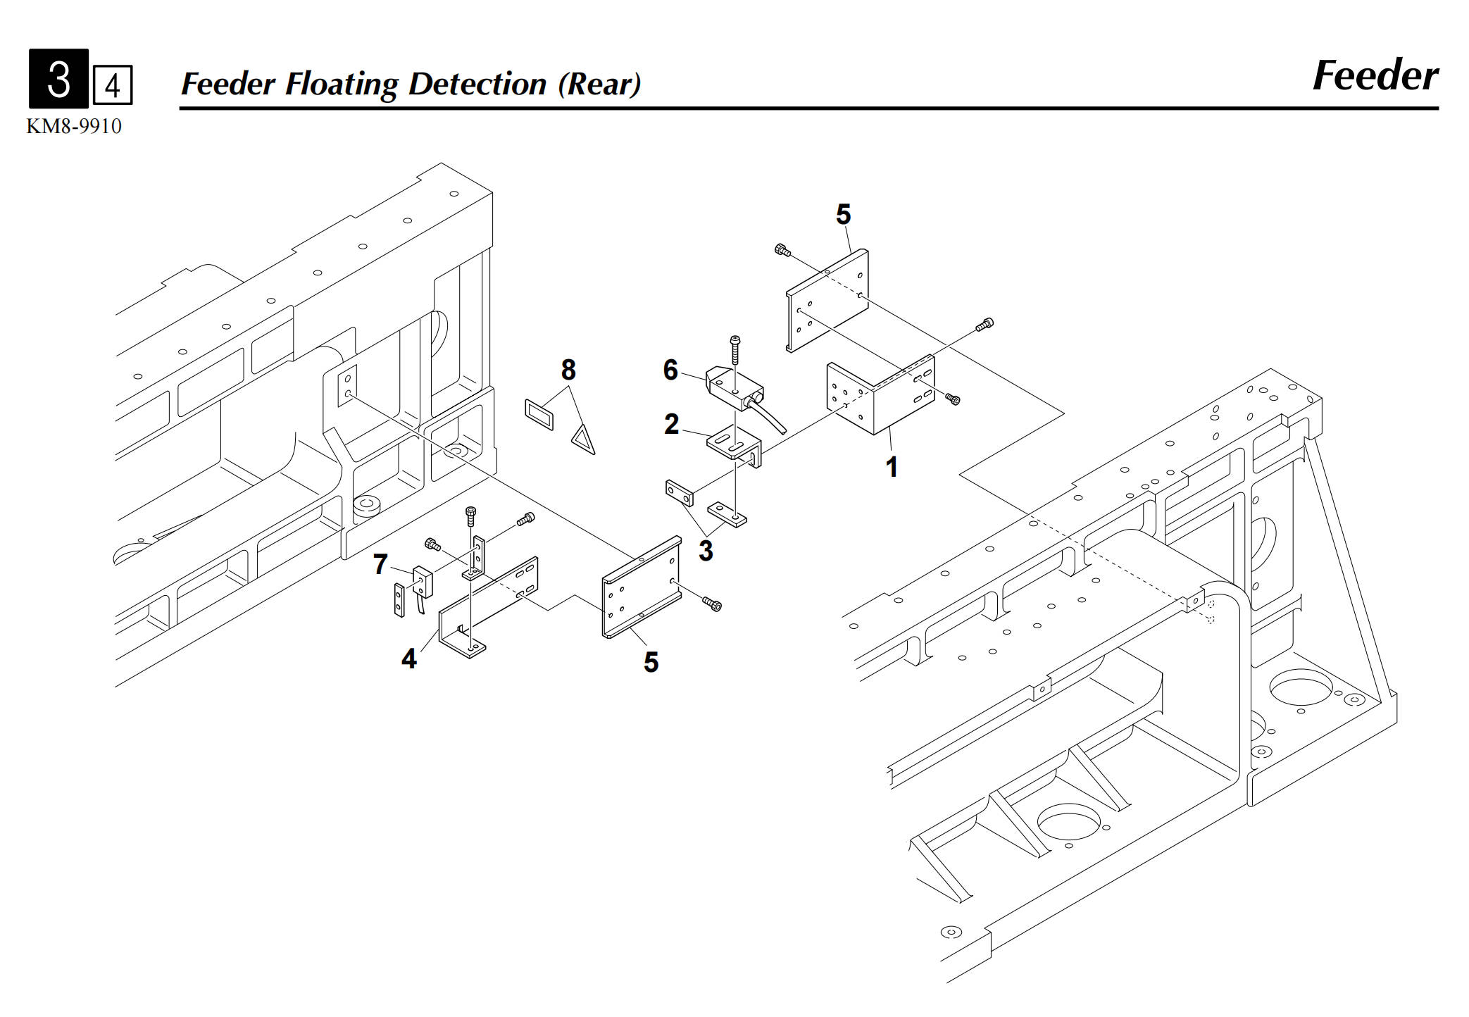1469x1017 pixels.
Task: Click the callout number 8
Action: point(568,370)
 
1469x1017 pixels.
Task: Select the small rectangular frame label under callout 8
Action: point(539,414)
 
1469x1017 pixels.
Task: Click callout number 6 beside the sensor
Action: point(670,370)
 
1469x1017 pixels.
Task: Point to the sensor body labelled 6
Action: point(734,388)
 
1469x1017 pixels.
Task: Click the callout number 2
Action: point(671,424)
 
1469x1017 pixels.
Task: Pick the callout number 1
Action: point(892,467)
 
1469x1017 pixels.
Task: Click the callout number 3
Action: point(706,551)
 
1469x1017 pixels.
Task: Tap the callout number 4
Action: point(409,659)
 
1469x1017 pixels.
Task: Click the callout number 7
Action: point(380,564)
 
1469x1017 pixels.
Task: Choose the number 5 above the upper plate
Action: point(844,214)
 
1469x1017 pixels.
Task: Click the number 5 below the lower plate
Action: point(651,662)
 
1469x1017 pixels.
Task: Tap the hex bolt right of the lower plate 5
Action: point(712,604)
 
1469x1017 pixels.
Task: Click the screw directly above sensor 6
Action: point(734,349)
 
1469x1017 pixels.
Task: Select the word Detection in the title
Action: point(477,84)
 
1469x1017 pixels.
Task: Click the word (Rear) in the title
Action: point(600,84)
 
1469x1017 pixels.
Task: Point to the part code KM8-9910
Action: point(74,126)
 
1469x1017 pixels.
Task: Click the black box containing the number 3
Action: point(58,78)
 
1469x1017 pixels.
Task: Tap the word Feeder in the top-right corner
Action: point(1375,75)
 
